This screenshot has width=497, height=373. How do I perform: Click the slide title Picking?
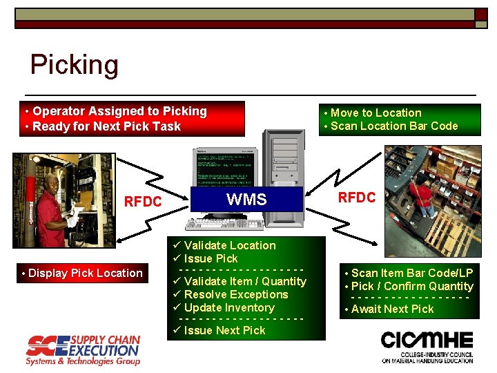[75, 65]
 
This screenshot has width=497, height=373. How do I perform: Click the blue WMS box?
[246, 200]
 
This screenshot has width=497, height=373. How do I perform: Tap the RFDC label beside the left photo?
[142, 202]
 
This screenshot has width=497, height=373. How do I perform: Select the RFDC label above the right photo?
[356, 198]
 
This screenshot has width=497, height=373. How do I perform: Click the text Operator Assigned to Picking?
[119, 111]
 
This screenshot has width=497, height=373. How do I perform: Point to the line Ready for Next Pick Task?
[106, 126]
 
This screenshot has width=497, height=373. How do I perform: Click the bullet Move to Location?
[376, 113]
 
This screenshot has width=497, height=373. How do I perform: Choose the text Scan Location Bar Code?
[394, 126]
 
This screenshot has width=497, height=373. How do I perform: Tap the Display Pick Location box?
[82, 273]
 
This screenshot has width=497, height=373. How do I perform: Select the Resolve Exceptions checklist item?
[236, 294]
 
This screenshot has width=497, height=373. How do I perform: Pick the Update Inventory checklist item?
[229, 307]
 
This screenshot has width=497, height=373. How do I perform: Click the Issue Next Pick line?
[224, 330]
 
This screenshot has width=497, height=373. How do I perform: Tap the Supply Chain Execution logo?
[83, 350]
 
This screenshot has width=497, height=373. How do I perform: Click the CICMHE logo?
[427, 345]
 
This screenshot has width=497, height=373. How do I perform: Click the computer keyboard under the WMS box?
[224, 223]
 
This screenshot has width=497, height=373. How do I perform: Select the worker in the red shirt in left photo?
[52, 200]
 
